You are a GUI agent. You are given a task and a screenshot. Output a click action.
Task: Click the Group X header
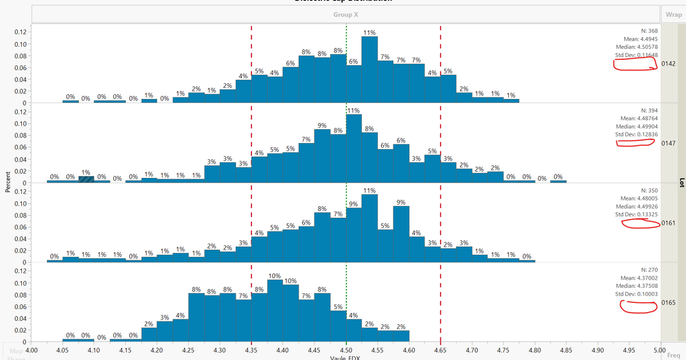345,13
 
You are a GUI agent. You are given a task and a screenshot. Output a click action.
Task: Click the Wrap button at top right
672,13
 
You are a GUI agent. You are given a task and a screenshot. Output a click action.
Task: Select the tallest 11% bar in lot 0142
369,69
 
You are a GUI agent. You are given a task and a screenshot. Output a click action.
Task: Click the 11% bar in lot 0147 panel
354,148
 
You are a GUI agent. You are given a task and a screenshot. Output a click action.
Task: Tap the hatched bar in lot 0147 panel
86,179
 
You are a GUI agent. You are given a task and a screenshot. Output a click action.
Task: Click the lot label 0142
670,64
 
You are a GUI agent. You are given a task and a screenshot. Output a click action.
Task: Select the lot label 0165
670,303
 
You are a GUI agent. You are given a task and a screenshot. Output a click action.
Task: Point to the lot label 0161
670,223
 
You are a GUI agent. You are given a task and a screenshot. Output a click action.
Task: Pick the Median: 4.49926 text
634,206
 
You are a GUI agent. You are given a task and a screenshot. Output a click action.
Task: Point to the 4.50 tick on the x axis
346,350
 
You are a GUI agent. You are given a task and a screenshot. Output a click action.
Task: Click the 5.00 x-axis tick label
661,350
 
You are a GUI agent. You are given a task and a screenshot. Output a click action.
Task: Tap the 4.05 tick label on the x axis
62,350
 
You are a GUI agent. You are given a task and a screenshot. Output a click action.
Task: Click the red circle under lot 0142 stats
635,64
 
